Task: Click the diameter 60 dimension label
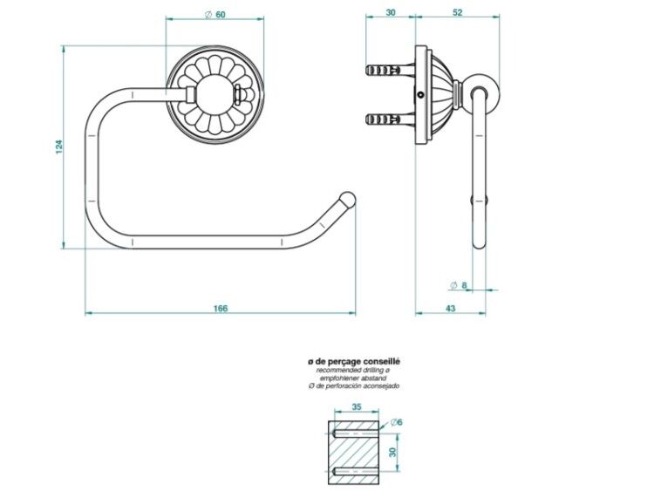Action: [x=215, y=15]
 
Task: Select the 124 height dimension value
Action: [x=58, y=147]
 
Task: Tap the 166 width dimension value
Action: [x=221, y=308]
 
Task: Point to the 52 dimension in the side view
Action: [x=458, y=12]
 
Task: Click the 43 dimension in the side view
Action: [x=451, y=308]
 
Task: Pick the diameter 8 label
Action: [x=459, y=285]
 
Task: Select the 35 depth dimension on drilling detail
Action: [x=356, y=406]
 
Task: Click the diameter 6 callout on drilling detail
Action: [x=397, y=422]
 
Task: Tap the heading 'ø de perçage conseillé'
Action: [x=353, y=362]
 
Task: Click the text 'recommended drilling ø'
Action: [x=353, y=370]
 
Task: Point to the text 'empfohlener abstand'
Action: [x=353, y=378]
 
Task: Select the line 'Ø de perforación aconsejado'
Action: [x=354, y=385]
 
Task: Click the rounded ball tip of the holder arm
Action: [x=348, y=199]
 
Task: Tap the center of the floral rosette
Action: [x=215, y=95]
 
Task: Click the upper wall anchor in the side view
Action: [x=391, y=69]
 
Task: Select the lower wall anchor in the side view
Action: [x=391, y=119]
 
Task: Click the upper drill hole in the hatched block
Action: [x=354, y=433]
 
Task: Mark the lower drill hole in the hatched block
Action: [x=354, y=472]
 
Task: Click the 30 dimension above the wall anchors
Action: [x=391, y=12]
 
